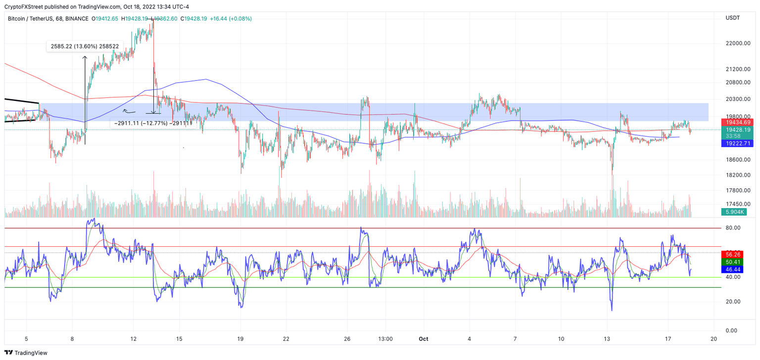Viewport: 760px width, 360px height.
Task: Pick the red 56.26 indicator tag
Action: [733, 254]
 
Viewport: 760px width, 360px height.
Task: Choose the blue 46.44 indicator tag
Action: [733, 270]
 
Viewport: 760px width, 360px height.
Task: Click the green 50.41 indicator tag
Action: [733, 262]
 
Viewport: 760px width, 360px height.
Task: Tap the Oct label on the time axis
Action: [423, 339]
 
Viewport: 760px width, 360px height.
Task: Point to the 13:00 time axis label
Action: [385, 339]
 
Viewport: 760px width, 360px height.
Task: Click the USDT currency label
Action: [732, 18]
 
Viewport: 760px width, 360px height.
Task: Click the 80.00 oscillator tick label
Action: [732, 228]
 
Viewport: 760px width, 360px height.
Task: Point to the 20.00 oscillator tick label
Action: [732, 302]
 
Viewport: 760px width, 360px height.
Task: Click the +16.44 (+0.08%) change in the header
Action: [231, 19]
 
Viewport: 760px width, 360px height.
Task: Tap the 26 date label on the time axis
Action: [347, 339]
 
